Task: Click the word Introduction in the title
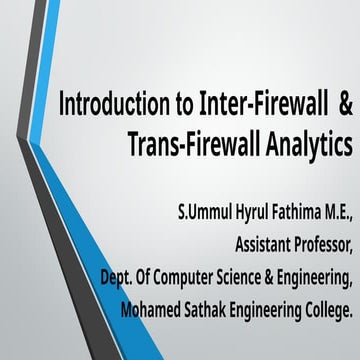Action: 109,104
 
